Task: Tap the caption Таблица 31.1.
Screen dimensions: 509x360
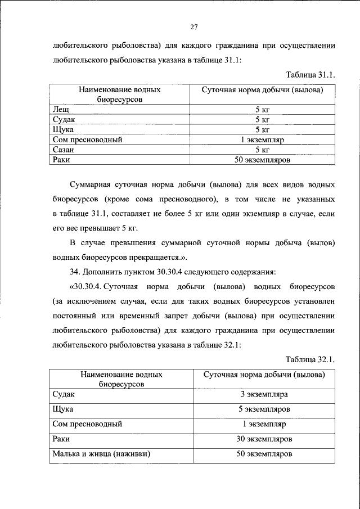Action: coord(310,75)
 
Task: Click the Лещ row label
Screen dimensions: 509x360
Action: coord(61,109)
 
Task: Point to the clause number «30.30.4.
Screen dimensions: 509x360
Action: coord(87,286)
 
